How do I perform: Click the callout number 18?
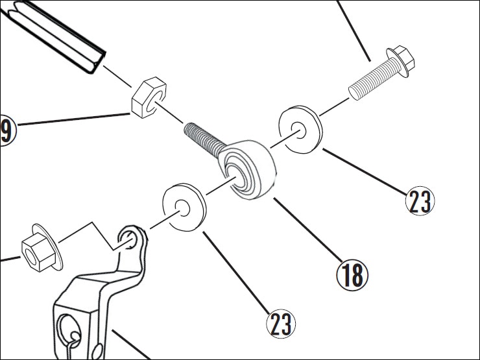352,274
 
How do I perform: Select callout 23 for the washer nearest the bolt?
420,201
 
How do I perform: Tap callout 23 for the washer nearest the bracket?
280,322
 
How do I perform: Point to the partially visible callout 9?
6,130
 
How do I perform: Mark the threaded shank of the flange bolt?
369,84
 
